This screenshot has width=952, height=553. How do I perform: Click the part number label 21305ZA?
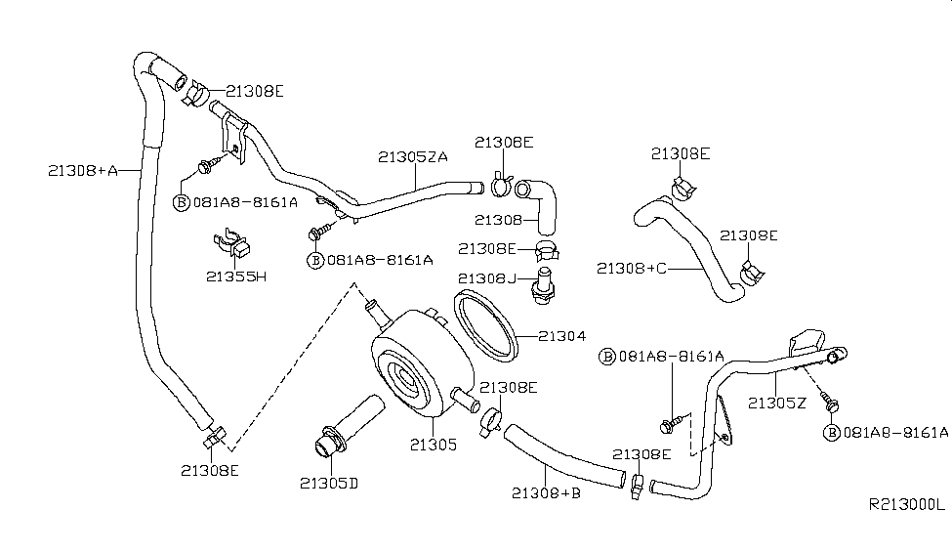(x=413, y=156)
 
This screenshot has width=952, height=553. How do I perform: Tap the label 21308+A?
(x=83, y=171)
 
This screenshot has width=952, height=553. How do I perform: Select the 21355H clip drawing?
(x=232, y=243)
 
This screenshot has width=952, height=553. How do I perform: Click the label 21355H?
(x=236, y=276)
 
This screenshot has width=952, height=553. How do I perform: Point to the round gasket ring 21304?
(x=485, y=326)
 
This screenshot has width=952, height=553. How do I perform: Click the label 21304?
(x=562, y=335)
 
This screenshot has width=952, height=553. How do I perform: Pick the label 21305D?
(x=329, y=483)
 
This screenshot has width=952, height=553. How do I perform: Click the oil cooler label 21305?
(x=433, y=445)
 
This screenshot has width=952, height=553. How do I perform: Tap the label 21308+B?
(x=546, y=492)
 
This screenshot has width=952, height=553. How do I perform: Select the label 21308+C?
(x=632, y=268)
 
